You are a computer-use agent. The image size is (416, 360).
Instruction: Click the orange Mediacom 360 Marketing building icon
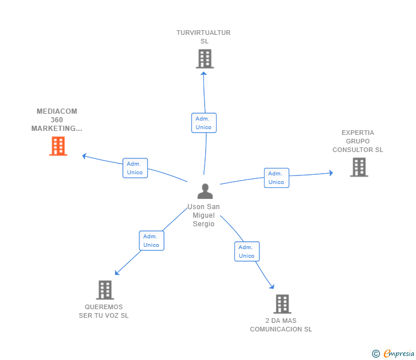(x=58, y=146)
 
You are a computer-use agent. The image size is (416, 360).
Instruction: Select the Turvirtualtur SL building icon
(x=204, y=59)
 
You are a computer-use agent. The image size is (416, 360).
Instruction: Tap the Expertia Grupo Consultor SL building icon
(x=358, y=167)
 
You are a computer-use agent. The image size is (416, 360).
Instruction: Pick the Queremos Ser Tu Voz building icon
(x=105, y=290)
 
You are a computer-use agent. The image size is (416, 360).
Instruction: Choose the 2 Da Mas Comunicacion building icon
(x=282, y=304)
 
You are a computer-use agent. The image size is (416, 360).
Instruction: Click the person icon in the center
(x=205, y=191)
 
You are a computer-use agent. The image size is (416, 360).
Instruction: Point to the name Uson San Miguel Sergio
(x=203, y=215)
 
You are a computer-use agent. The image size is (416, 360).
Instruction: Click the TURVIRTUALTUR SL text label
(x=203, y=37)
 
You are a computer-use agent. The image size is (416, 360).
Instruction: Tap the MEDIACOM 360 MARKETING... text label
(x=57, y=120)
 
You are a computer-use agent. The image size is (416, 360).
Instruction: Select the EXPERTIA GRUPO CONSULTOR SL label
(x=358, y=141)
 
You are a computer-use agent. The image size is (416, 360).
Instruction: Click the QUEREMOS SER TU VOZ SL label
(x=104, y=311)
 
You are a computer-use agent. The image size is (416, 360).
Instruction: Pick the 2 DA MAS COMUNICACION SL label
(x=281, y=325)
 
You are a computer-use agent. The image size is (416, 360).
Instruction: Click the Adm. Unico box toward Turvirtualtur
(x=203, y=123)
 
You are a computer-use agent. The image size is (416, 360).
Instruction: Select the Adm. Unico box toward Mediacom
(x=135, y=168)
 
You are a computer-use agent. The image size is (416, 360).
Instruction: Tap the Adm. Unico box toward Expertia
(x=276, y=178)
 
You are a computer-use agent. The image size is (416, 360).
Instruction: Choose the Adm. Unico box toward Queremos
(x=151, y=241)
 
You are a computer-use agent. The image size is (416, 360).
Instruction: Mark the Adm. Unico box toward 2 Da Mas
(x=246, y=251)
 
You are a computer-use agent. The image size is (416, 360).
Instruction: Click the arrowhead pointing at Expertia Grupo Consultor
(x=330, y=173)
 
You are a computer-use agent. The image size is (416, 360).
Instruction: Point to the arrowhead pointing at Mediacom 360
(x=85, y=155)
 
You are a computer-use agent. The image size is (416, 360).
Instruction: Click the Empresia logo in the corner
(x=394, y=354)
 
